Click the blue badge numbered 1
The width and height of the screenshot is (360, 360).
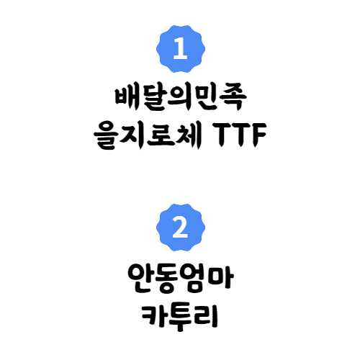click(181, 49)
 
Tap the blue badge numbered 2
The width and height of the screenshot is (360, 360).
click(181, 228)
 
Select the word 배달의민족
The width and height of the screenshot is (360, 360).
click(181, 98)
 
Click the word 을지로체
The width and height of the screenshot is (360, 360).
click(148, 135)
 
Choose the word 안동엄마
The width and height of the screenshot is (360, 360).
click(181, 279)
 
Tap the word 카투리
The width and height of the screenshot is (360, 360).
click(180, 318)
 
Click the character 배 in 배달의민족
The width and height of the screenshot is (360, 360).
click(127, 98)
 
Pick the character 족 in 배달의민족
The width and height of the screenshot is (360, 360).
click(233, 99)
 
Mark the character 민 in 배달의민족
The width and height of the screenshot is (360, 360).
click(206, 98)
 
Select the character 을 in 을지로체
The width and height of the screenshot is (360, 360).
click(107, 135)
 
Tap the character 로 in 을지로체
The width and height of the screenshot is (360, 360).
click(161, 135)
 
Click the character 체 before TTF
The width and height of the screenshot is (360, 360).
click(189, 135)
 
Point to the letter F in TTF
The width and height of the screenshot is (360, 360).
click(258, 135)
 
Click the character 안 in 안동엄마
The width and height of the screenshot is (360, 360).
click(140, 279)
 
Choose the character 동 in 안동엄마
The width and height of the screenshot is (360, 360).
click(167, 279)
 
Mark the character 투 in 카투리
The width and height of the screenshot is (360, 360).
click(180, 318)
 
